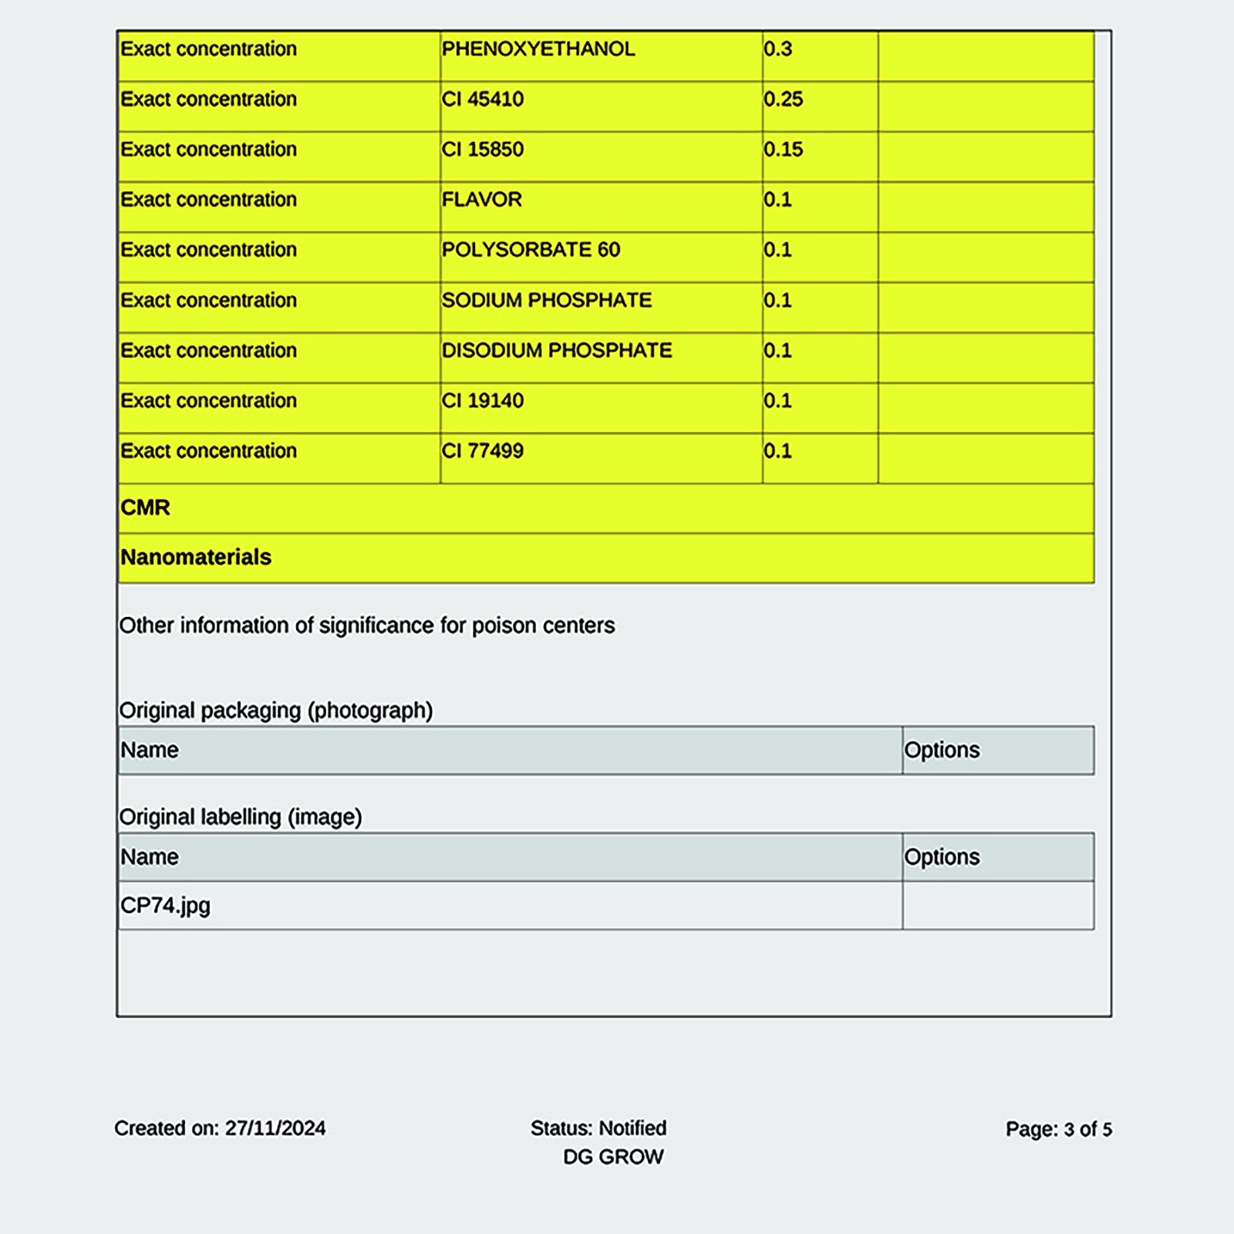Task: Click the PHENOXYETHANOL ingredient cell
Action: click(x=538, y=49)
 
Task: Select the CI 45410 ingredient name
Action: click(x=482, y=99)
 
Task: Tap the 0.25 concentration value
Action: click(x=783, y=99)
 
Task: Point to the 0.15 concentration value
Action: click(x=783, y=150)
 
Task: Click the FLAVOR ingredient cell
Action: click(x=481, y=200)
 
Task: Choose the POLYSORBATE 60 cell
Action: click(x=531, y=250)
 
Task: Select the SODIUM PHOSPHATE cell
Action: click(x=546, y=300)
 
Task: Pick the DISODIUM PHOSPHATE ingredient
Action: click(x=556, y=350)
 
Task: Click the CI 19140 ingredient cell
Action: click(x=482, y=401)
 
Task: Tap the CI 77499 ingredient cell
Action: click(x=482, y=451)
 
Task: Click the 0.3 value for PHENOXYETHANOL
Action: click(x=777, y=49)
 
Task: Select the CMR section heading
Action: click(x=145, y=507)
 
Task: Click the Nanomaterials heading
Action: click(x=196, y=557)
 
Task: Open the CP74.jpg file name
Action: click(x=165, y=905)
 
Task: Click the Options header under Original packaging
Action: click(x=942, y=750)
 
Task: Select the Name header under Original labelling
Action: click(x=150, y=857)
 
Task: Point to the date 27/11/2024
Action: click(x=275, y=1128)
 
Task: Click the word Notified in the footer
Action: click(x=632, y=1128)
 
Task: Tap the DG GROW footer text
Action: click(x=613, y=1157)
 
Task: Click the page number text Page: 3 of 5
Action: click(x=1058, y=1129)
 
